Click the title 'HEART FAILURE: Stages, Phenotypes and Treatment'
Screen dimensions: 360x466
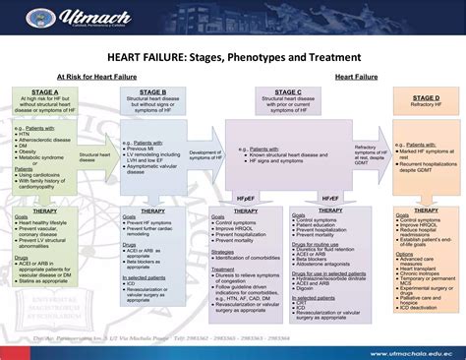[x=232, y=56]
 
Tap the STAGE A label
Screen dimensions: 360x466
[x=43, y=91]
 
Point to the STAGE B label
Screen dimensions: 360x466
[x=150, y=91]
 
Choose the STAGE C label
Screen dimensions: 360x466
[x=285, y=91]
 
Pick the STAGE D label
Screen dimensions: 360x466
[x=425, y=98]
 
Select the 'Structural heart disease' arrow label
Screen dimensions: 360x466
[x=95, y=154]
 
